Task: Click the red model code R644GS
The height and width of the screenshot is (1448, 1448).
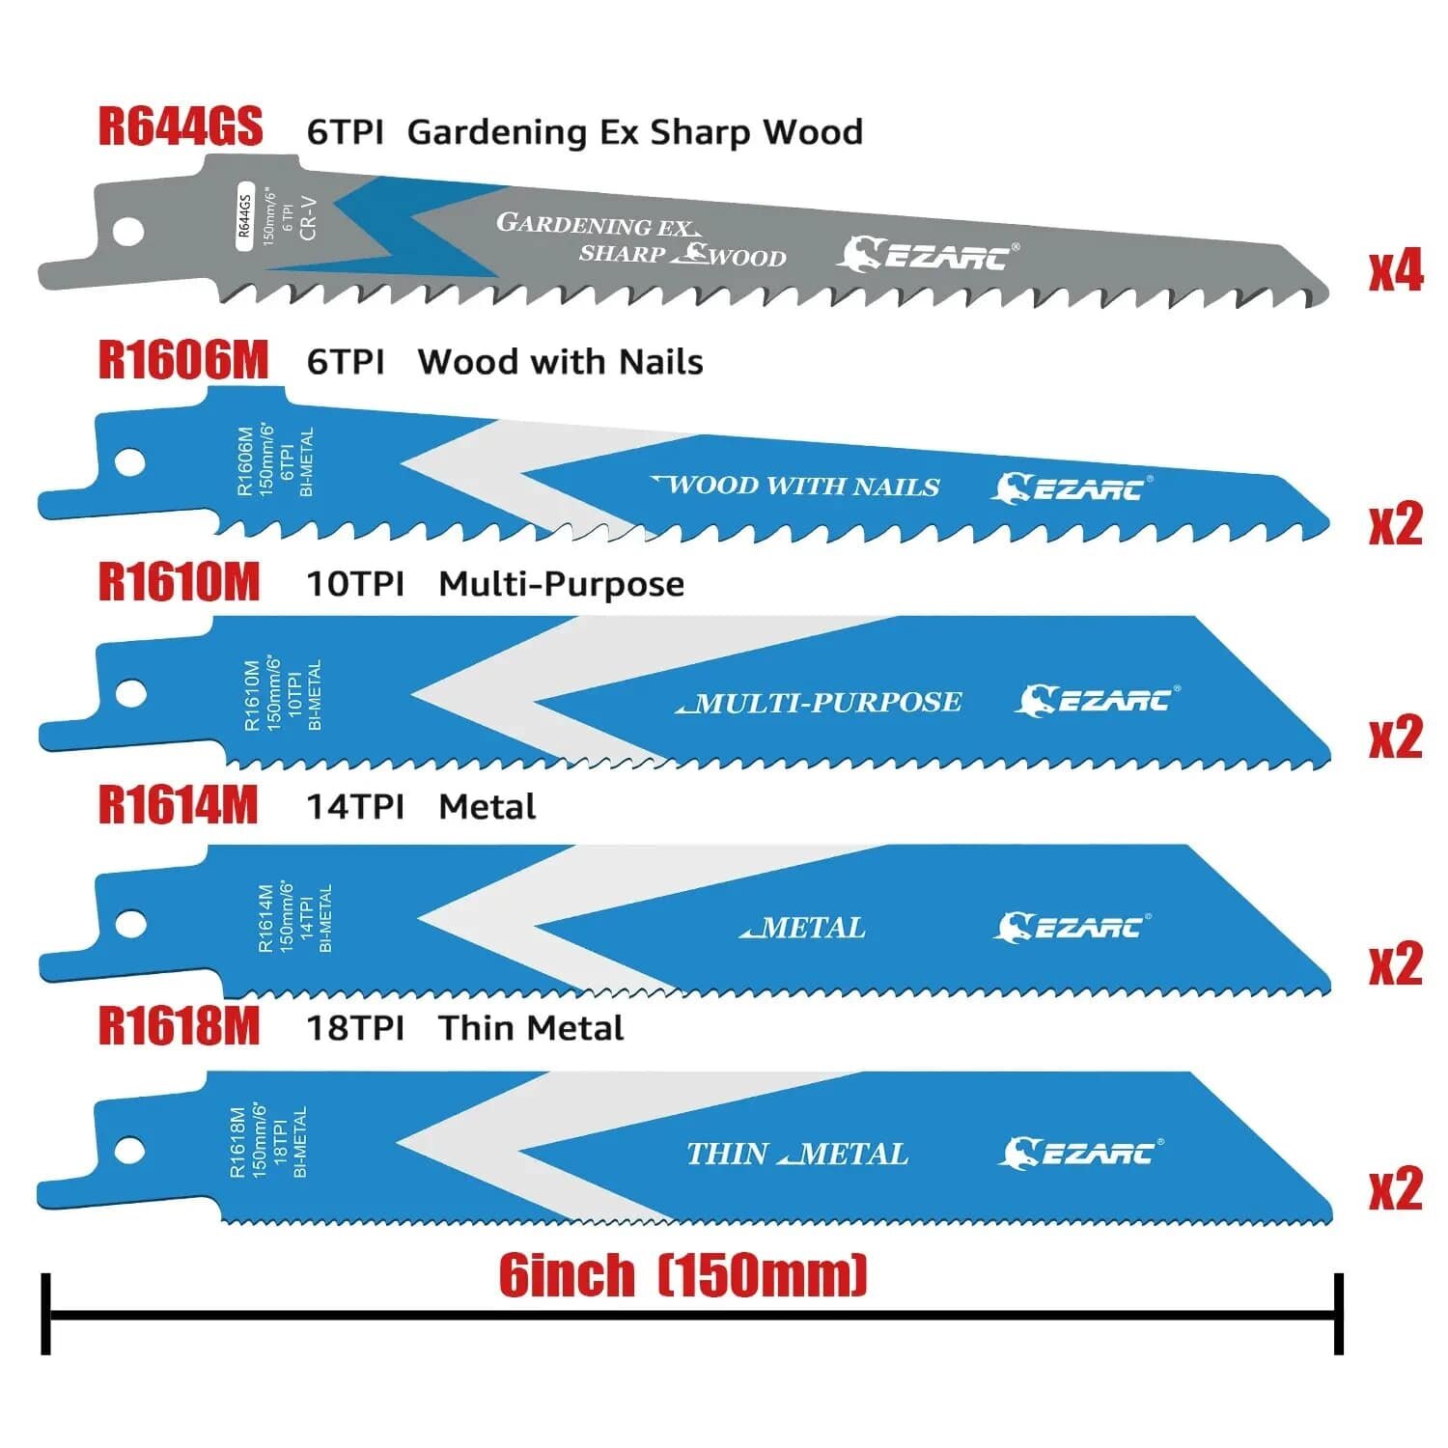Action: (x=181, y=126)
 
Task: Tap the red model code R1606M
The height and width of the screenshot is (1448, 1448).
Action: (x=183, y=359)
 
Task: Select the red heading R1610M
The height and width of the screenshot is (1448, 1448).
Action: (x=180, y=582)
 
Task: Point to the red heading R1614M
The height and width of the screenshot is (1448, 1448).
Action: (x=179, y=805)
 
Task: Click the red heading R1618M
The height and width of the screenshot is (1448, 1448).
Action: (x=180, y=1026)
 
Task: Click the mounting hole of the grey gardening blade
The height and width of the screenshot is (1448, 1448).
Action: (x=128, y=232)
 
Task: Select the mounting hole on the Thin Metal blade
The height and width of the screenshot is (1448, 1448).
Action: (x=129, y=1151)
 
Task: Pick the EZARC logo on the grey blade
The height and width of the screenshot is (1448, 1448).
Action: (x=927, y=255)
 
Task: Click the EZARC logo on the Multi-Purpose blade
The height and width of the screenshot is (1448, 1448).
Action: (x=1097, y=699)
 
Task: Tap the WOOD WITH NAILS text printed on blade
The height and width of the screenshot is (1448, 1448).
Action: (x=796, y=485)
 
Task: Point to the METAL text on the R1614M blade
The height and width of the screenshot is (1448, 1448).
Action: (x=803, y=928)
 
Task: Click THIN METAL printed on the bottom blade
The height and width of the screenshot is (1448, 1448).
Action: (x=797, y=1154)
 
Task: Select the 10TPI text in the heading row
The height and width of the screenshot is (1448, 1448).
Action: (x=355, y=584)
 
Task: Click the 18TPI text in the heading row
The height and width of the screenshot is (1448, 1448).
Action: (x=355, y=1028)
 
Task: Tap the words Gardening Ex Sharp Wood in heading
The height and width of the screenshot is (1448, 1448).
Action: (x=634, y=132)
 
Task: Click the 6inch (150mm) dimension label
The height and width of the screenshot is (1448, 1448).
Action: (x=682, y=1275)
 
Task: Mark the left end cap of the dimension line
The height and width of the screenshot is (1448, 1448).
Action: (x=45, y=1313)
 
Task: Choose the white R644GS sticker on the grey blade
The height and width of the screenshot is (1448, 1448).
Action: (x=244, y=215)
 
